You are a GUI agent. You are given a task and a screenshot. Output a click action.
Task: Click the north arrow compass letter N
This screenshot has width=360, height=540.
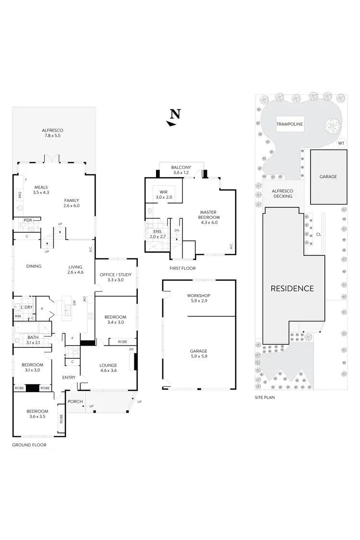(x=176, y=114)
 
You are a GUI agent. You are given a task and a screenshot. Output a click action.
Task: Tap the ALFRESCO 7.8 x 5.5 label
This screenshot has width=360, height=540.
(x=53, y=133)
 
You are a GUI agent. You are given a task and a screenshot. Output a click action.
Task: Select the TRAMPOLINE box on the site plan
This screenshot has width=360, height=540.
(x=289, y=124)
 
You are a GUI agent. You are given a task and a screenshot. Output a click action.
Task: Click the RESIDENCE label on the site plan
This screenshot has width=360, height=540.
(x=292, y=288)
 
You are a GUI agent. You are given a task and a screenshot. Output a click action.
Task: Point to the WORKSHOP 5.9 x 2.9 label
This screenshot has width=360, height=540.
(x=199, y=298)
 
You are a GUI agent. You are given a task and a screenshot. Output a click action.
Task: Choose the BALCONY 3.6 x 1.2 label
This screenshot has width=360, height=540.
(x=181, y=170)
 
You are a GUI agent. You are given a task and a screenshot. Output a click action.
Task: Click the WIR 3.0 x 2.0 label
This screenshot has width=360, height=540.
(x=160, y=194)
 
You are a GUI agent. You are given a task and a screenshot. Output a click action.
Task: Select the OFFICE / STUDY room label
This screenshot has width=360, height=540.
(x=115, y=277)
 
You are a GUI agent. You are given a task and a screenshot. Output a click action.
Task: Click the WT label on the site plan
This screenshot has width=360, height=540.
(x=341, y=143)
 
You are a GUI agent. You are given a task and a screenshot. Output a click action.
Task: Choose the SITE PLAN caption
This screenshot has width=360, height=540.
(x=268, y=397)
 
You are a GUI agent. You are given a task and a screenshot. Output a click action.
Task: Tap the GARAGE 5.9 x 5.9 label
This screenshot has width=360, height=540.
(x=199, y=354)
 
